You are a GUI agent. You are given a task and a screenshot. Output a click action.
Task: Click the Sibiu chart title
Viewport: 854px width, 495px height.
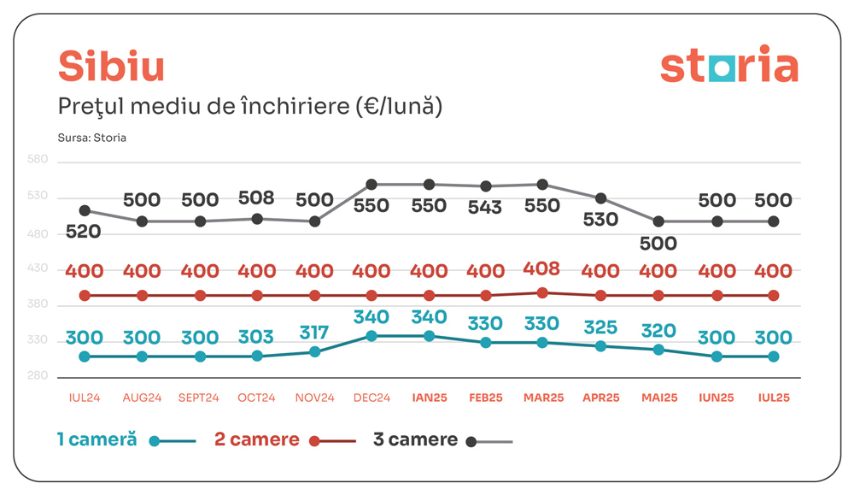coord(111,67)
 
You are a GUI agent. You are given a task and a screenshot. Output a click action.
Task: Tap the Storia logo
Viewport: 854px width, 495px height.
coord(728,67)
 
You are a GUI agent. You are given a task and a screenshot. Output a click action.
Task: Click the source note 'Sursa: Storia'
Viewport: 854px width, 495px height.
coord(92,138)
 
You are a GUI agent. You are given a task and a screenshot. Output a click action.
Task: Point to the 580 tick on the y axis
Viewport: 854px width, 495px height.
coord(38,160)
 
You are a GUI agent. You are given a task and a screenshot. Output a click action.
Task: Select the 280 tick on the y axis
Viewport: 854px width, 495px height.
coord(38,376)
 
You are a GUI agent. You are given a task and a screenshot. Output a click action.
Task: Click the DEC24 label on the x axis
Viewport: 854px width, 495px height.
coord(371,398)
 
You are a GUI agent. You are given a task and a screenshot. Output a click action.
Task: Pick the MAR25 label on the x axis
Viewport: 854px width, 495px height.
coord(543,398)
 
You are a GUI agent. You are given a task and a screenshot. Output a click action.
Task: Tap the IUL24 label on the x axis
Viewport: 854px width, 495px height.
coord(85,398)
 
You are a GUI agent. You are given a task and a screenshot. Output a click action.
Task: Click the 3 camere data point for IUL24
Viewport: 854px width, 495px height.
coord(85,210)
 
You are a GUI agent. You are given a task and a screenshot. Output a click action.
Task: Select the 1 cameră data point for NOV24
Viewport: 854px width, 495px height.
coord(314,351)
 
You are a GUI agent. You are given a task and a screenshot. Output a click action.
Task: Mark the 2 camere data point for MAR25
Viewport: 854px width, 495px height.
coord(543,292)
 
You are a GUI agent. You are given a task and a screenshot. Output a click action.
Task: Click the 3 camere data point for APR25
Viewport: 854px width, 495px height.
coord(601,198)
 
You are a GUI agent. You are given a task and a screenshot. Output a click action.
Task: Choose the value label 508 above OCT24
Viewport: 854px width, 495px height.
coord(256,198)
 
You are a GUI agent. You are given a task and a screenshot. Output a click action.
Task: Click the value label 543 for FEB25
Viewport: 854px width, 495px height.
coord(486,206)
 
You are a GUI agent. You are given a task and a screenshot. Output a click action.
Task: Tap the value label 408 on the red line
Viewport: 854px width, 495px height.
coord(541,269)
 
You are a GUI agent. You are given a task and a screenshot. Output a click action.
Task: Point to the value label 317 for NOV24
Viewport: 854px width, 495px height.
coord(313,331)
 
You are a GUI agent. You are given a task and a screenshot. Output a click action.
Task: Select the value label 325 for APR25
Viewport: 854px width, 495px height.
coord(601,327)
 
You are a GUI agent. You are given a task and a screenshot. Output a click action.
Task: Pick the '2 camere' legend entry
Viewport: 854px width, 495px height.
coord(257,440)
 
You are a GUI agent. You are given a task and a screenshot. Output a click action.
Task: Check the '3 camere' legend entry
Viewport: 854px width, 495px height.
coord(416,440)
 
